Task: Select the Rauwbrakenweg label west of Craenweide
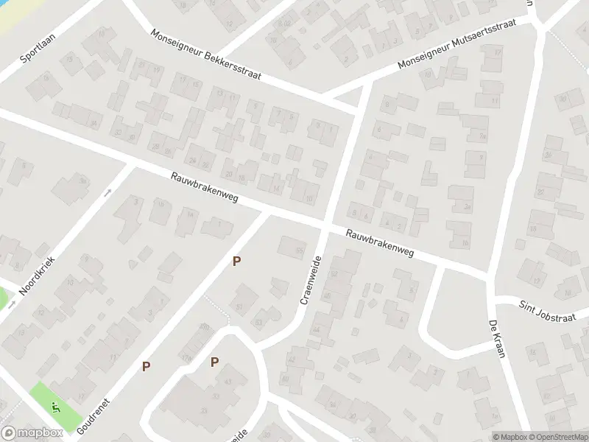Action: (204, 189)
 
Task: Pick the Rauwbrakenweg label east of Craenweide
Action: (381, 243)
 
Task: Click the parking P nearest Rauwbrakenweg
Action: (236, 261)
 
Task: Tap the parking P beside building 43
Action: (214, 362)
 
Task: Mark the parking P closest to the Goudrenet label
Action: (146, 366)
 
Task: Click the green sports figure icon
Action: (53, 406)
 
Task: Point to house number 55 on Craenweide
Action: (300, 250)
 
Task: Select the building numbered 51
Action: (239, 306)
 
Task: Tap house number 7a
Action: (484, 136)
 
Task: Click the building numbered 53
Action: (258, 321)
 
